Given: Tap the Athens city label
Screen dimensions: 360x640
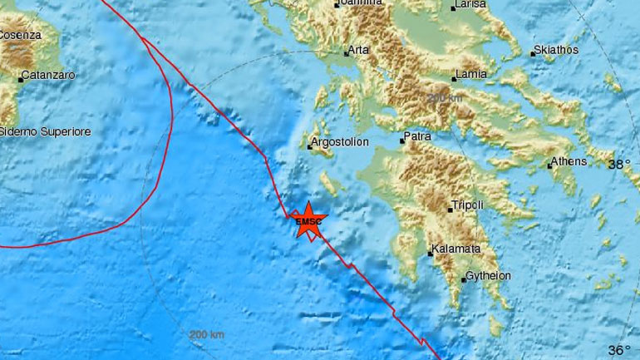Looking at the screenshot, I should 573,161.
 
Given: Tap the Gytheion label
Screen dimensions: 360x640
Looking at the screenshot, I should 489,275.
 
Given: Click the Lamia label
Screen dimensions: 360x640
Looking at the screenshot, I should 470,76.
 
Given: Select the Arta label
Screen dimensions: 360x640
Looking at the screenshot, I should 358,51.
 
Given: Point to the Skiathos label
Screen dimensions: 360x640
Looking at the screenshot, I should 556,50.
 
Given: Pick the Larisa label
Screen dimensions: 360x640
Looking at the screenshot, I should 470,5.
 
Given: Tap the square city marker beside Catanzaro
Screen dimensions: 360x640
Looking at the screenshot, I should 20,80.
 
